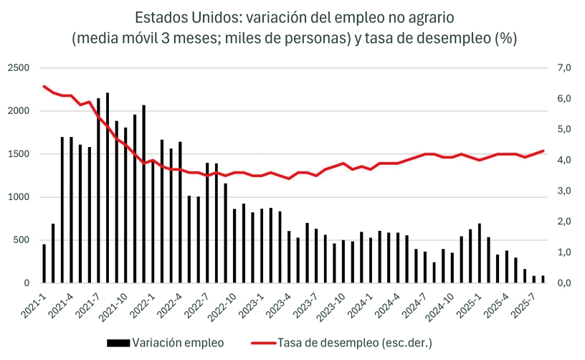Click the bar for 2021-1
tap(44, 264)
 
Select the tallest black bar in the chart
tap(108, 188)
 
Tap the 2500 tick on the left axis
tap(19, 68)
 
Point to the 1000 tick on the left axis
tap(19, 197)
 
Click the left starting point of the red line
tap(44, 86)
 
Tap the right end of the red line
tap(543, 151)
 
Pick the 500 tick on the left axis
tap(22, 240)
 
